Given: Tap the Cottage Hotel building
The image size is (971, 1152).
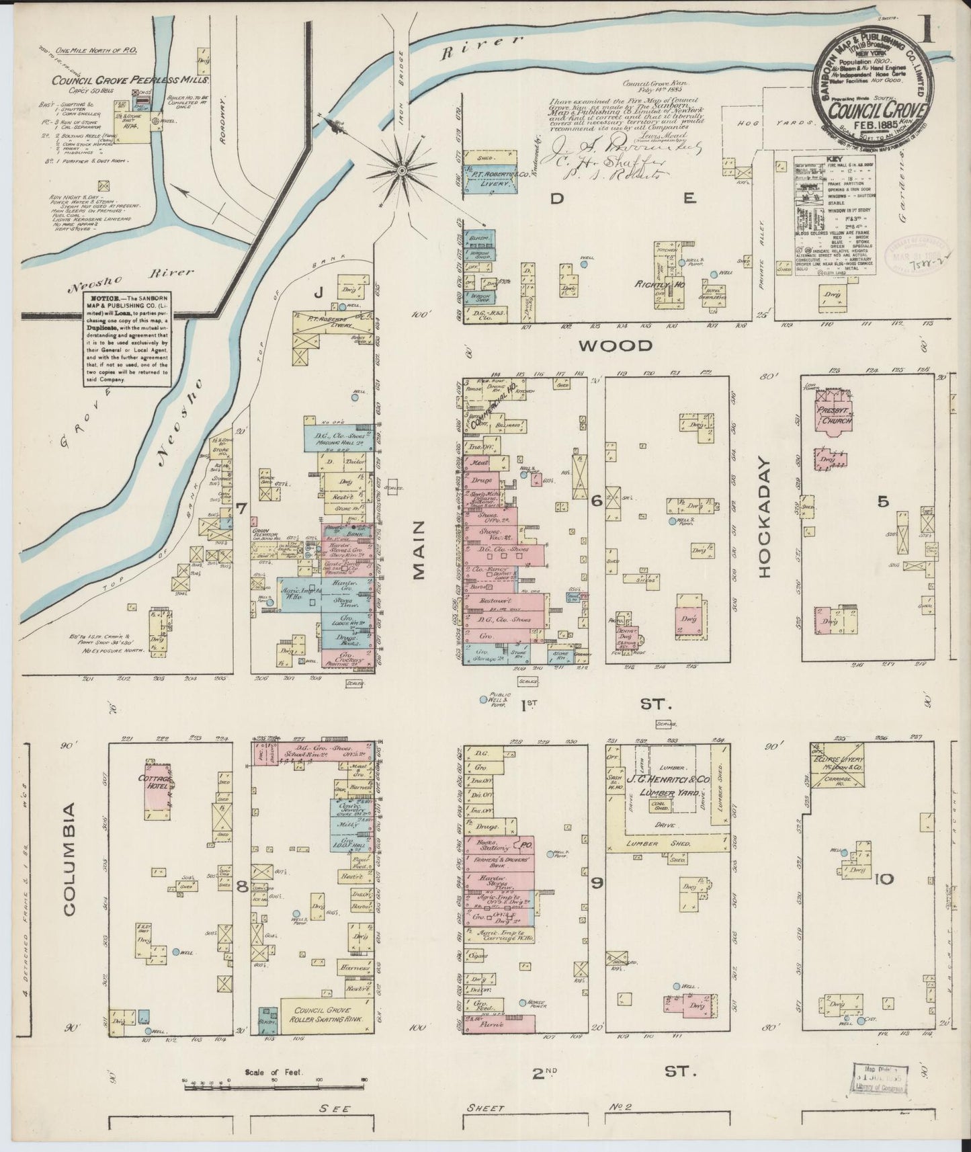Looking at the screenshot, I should (x=159, y=784).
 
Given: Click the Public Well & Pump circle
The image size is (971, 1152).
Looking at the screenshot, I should (x=483, y=700).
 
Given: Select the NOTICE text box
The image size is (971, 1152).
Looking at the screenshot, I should (x=126, y=339).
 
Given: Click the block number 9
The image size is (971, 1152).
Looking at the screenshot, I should (x=597, y=882).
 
